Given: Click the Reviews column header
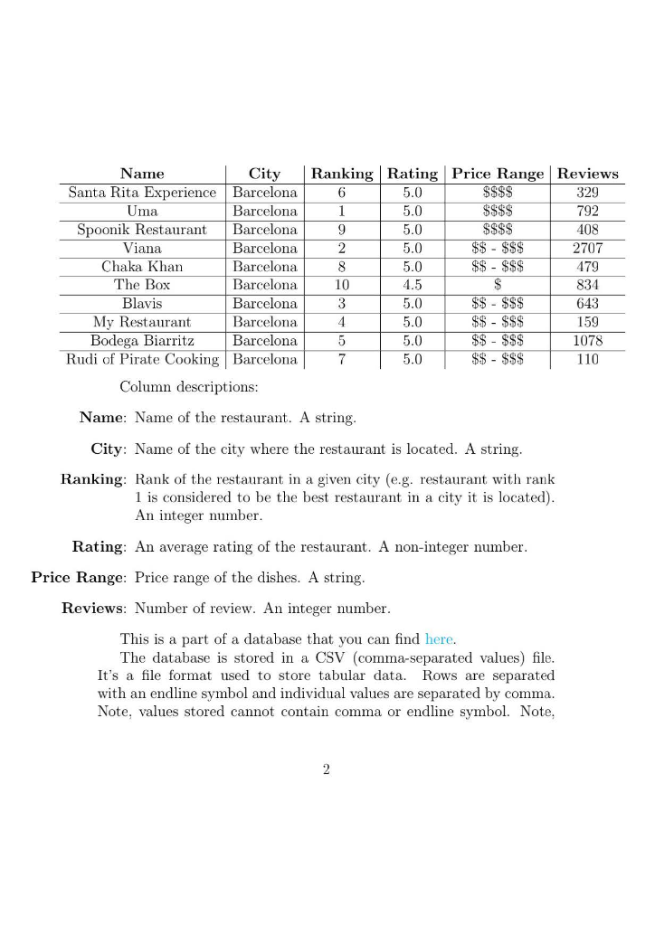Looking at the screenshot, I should (588, 174).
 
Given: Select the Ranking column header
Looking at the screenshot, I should (341, 174).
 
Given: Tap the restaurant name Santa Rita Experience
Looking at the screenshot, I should (142, 193).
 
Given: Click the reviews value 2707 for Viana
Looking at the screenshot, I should (587, 248).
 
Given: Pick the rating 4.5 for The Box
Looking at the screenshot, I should (413, 285).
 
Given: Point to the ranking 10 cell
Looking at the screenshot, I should (341, 285).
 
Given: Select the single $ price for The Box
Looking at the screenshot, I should (498, 285).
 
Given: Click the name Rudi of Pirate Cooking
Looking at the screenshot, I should (142, 359).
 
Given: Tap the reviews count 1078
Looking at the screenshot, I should (587, 341).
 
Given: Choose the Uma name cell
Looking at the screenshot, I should (142, 211).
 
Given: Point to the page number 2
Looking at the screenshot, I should (327, 770).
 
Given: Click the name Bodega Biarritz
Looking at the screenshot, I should (142, 341).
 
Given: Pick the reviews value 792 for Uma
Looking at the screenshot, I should (587, 211).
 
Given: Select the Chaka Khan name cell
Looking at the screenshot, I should (142, 267).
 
